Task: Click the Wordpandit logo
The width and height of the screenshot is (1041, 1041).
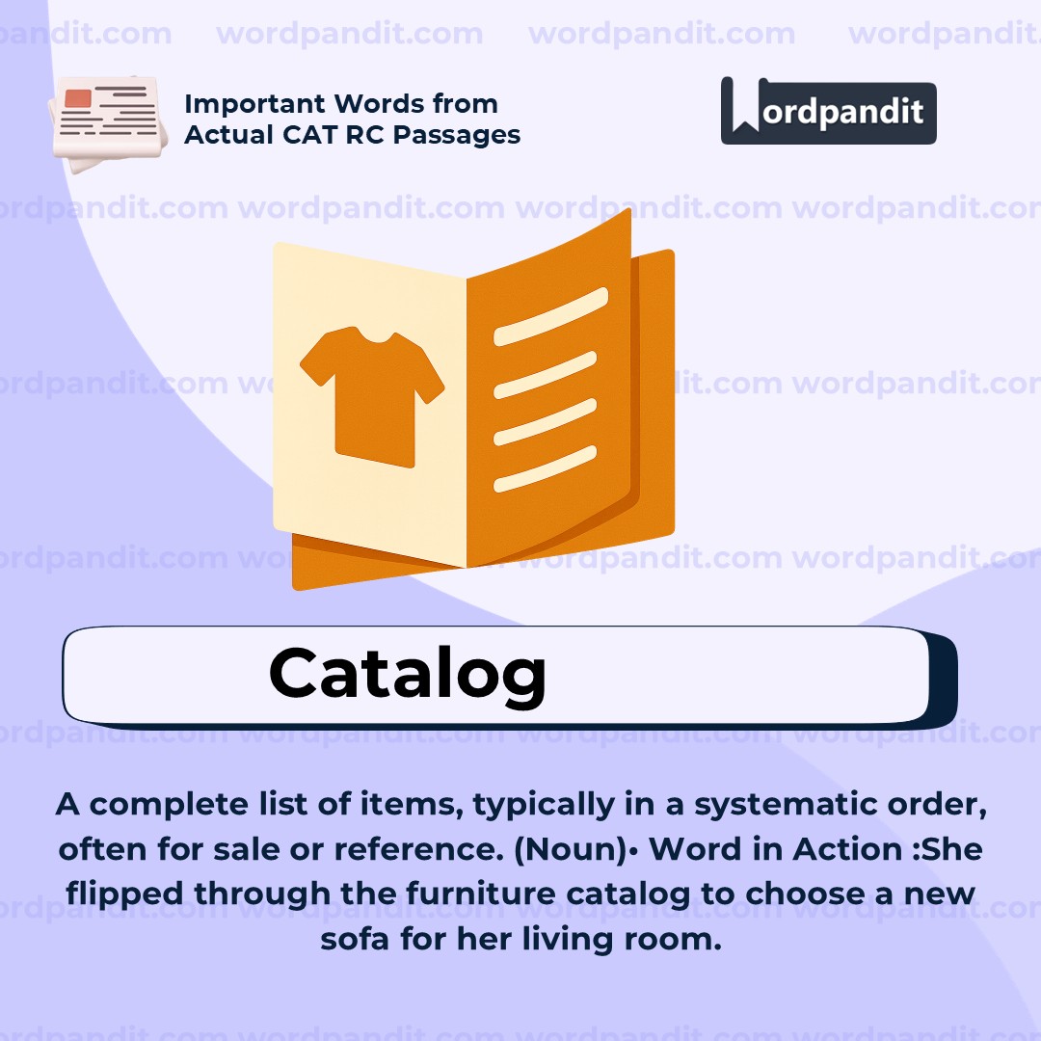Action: point(828,111)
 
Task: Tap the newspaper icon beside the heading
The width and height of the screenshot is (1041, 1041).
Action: point(105,120)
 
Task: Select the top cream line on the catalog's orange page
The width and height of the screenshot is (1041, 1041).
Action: point(551,316)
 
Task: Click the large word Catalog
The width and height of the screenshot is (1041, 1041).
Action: point(408,673)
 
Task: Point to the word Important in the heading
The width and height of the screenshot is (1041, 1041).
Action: point(258,104)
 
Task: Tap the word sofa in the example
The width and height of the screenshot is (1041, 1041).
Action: point(351,939)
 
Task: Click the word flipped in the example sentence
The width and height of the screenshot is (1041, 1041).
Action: point(124,894)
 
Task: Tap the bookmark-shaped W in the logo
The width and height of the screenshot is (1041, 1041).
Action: point(743,108)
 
